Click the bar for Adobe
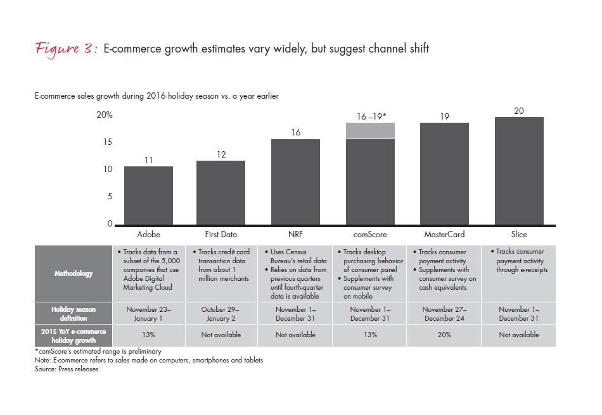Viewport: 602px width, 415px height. point(148,195)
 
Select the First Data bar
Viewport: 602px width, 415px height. point(221,193)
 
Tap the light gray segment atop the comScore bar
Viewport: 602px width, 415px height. point(371,130)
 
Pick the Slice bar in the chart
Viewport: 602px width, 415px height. point(519,171)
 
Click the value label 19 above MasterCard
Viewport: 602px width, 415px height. point(444,116)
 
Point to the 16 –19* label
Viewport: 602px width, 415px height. point(371,116)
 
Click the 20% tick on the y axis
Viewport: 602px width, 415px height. point(105,115)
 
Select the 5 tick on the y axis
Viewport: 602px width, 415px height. point(110,197)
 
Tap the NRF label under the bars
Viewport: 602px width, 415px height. point(296,235)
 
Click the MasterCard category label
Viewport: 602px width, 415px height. point(444,235)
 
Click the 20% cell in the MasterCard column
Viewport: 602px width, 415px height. point(444,335)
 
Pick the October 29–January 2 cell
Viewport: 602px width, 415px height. point(221,314)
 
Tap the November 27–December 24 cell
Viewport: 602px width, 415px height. point(444,314)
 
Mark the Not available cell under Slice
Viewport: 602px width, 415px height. point(519,335)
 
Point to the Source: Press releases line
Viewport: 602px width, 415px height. point(67,369)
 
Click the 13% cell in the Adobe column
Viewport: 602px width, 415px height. point(148,335)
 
